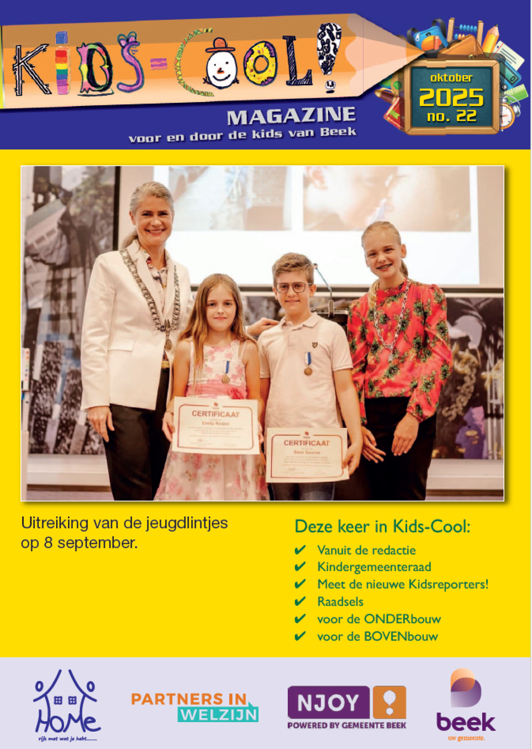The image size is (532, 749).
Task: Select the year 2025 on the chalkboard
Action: [x=451, y=97]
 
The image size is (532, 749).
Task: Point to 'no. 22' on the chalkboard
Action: [x=451, y=116]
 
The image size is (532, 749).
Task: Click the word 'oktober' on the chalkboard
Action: [x=451, y=78]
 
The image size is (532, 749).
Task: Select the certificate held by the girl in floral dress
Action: [x=215, y=426]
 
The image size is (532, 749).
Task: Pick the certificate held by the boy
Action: [x=307, y=455]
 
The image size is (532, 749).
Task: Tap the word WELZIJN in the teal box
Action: [x=219, y=715]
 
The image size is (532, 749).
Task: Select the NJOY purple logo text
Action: [x=328, y=702]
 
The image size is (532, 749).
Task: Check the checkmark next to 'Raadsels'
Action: [x=300, y=601]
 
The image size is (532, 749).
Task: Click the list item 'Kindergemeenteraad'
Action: [x=374, y=567]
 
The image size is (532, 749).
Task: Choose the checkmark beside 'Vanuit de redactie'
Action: [x=300, y=550]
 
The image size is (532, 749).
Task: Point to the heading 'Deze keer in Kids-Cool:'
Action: [x=382, y=526]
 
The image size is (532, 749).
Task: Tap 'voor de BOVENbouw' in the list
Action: [x=378, y=636]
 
